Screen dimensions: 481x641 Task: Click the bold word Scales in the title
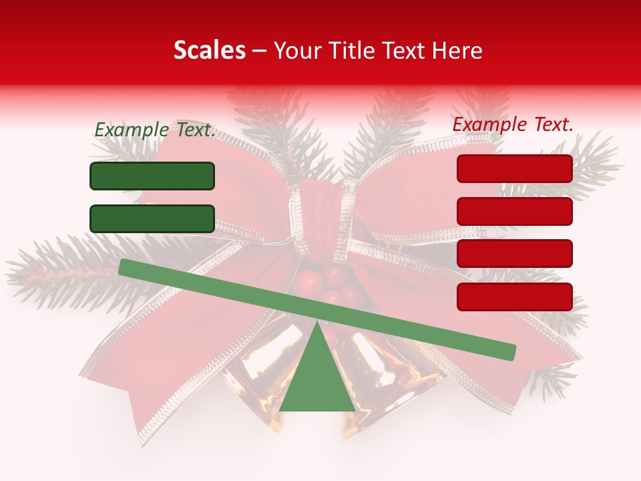tap(209, 51)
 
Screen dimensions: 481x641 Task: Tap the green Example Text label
tap(154, 130)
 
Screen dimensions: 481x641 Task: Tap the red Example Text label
tap(513, 124)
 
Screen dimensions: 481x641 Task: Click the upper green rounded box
tap(152, 176)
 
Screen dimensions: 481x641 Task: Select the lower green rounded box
tap(152, 218)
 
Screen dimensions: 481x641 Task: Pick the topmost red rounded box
tap(514, 168)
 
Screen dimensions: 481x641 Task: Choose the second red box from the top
tap(514, 211)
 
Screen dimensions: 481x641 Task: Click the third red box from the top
tap(514, 254)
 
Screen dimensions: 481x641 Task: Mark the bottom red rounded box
tap(514, 297)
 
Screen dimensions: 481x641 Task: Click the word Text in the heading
tap(403, 51)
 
